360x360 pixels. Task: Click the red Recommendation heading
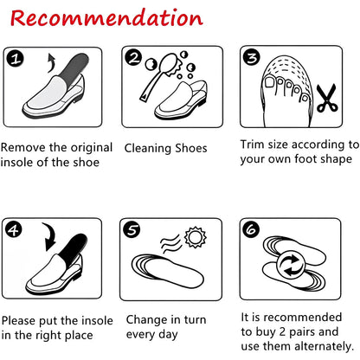pos(106,18)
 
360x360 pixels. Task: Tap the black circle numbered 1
pos(16,59)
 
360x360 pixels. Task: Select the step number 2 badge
pos(133,57)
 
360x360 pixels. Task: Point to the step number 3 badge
pos(251,57)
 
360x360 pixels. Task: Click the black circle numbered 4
pos(14,229)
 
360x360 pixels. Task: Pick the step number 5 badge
pos(132,229)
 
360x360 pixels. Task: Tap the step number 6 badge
pos(251,229)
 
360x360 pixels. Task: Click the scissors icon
pos(327,98)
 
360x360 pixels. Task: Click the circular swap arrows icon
pos(290,265)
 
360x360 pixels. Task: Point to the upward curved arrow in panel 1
pos(52,62)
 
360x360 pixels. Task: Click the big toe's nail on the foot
pos(270,82)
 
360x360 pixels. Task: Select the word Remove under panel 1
pos(23,148)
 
